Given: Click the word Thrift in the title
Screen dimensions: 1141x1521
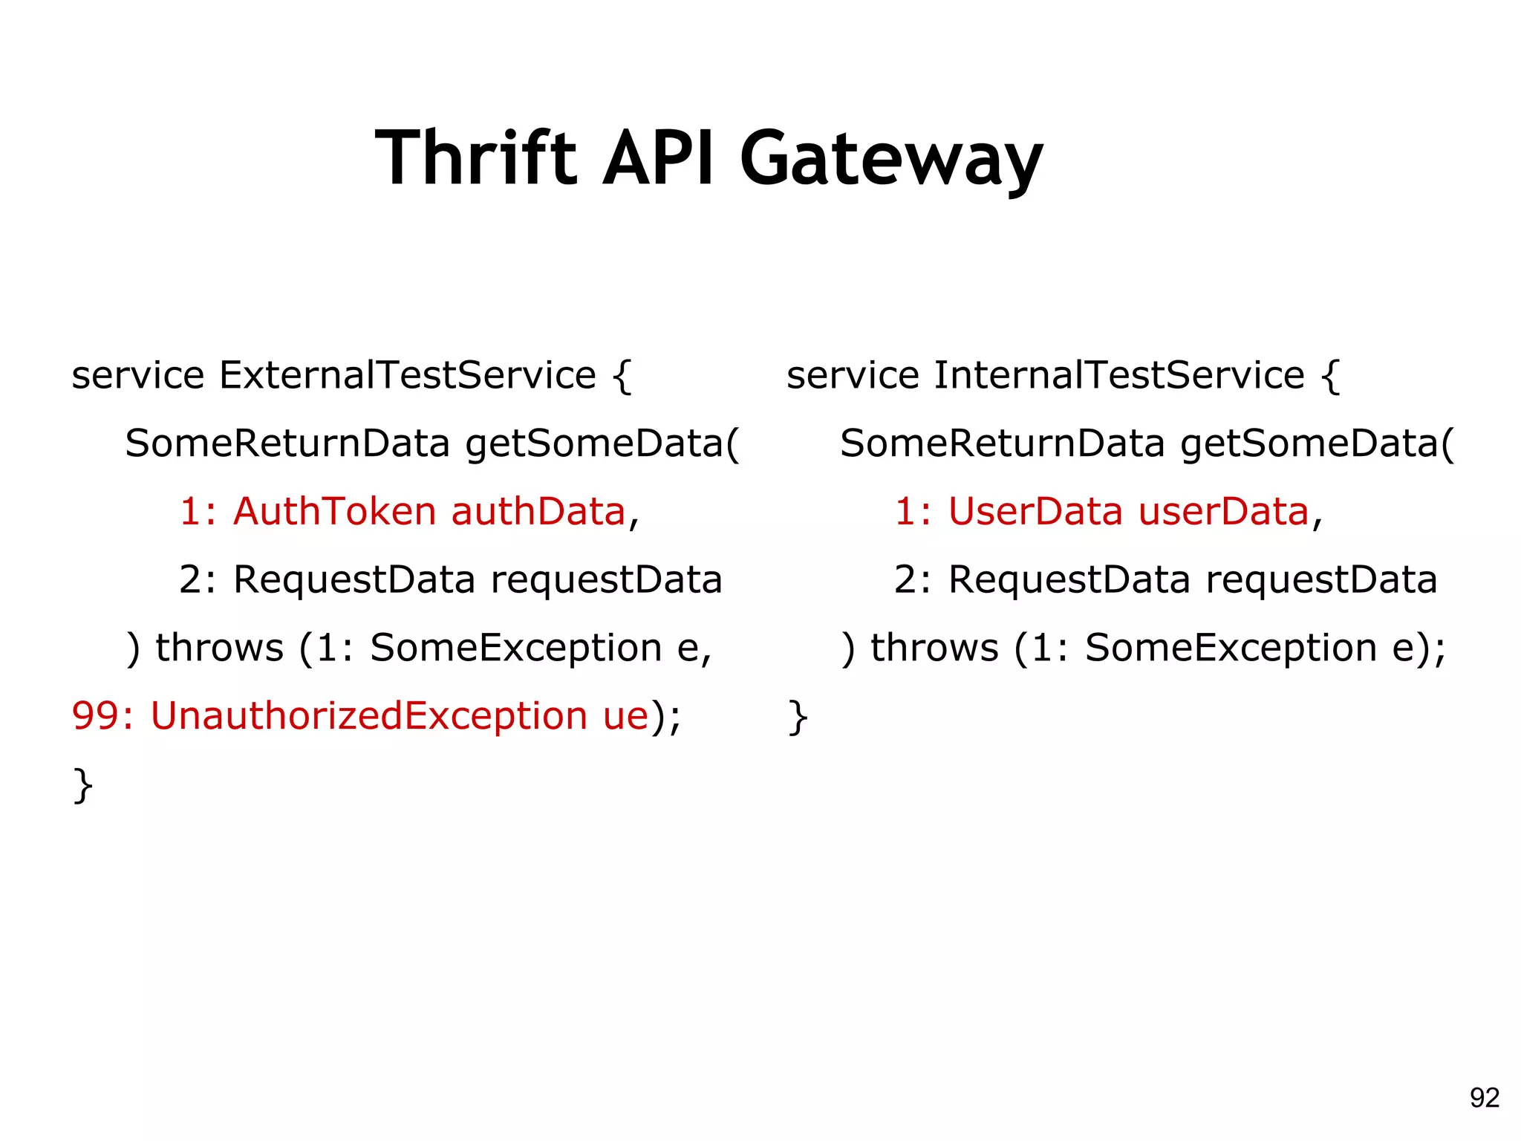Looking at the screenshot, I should [475, 158].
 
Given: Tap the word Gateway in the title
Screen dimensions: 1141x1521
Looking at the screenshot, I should [890, 160].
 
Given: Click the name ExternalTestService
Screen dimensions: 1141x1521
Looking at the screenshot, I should [407, 375].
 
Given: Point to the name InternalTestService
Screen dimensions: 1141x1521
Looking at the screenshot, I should [1118, 375].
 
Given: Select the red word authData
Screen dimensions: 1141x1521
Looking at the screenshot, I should [538, 512].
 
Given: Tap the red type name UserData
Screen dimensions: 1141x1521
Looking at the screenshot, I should [1035, 512].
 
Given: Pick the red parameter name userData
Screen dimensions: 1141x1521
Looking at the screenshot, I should [1223, 512].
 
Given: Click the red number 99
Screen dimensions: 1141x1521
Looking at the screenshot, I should [95, 716].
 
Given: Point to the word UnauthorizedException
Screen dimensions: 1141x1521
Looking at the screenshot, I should [369, 716].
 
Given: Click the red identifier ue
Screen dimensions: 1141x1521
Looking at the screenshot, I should [626, 716].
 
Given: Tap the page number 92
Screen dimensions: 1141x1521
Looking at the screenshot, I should [1485, 1098].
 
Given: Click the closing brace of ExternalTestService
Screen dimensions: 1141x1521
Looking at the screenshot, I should [83, 785].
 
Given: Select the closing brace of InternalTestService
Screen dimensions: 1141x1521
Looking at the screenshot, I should [798, 717].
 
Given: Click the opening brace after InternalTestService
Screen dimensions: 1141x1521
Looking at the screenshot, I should [1332, 376].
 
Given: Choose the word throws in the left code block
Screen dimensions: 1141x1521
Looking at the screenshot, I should [219, 648].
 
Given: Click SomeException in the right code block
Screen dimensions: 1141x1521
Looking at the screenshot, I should [1231, 648].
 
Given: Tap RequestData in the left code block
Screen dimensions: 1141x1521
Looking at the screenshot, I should [354, 580].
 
